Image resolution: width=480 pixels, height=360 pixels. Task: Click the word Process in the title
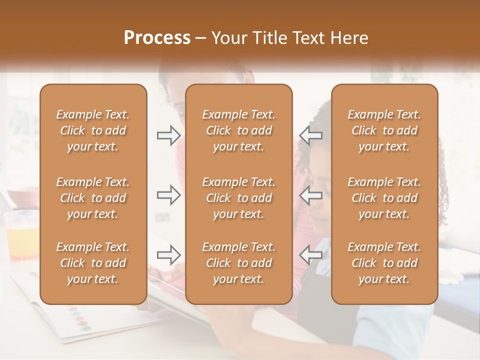[x=157, y=38]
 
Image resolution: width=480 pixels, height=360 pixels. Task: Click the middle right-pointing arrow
[x=168, y=195]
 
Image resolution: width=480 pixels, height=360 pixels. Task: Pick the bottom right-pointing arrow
[x=168, y=255]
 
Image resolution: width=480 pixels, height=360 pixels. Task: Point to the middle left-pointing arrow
[x=311, y=195]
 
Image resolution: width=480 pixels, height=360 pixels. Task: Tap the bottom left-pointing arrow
[x=311, y=255]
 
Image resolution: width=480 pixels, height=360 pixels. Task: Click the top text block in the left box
[x=93, y=130]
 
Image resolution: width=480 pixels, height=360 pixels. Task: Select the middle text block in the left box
[x=93, y=198]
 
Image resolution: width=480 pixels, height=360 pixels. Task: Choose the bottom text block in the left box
[x=93, y=263]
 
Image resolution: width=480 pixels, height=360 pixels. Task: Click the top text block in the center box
[x=239, y=130]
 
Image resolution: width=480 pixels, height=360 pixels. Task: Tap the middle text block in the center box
[x=239, y=198]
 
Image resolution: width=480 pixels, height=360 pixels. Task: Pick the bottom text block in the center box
[x=239, y=263]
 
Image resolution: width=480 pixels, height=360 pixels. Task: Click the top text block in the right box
[x=384, y=130]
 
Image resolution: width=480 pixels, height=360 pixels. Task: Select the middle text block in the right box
[x=384, y=198]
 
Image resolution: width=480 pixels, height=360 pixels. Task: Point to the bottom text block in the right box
[x=384, y=263]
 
